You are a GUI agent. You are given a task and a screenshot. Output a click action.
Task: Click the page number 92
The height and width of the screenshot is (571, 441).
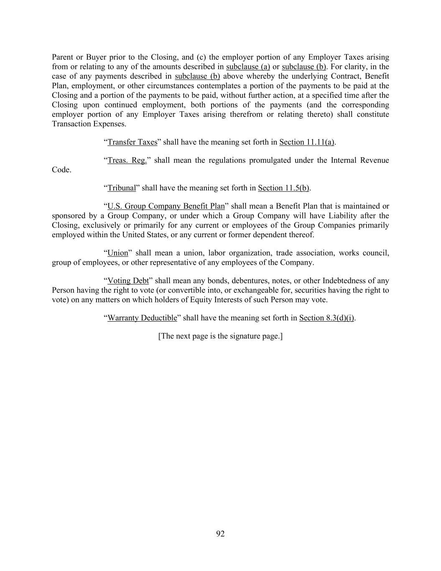(220, 533)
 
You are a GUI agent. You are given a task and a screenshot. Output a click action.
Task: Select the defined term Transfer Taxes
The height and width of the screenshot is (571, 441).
(132, 142)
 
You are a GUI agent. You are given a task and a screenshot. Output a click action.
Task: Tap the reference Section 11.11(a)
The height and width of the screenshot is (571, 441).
(307, 142)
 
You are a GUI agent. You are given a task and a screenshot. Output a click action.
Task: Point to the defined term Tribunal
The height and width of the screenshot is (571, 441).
(122, 188)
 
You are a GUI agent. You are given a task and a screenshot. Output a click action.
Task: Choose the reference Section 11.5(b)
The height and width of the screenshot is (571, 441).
(283, 188)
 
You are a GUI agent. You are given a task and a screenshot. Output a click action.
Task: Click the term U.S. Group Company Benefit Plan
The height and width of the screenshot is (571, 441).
(166, 206)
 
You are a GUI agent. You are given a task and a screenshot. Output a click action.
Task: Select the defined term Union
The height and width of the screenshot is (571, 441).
(117, 253)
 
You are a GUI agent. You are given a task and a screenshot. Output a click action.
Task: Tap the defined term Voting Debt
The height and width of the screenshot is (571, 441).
(128, 281)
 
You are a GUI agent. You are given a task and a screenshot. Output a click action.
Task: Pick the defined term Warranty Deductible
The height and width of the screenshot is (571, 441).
(142, 318)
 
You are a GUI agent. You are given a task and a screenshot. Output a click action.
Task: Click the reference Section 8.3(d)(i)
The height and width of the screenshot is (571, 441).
(326, 318)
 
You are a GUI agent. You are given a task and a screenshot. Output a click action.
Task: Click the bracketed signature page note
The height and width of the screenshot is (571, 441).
(220, 336)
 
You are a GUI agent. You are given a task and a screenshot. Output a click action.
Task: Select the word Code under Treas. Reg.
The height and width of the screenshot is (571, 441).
(61, 170)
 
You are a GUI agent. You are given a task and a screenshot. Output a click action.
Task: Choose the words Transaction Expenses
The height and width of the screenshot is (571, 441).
(89, 124)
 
